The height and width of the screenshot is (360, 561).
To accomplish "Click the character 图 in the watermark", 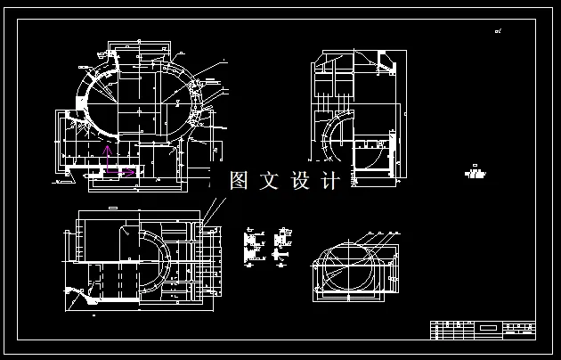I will tap(240, 181).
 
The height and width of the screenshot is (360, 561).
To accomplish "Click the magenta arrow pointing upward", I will tap(107, 158).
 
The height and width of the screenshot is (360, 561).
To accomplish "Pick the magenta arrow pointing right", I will tap(128, 172).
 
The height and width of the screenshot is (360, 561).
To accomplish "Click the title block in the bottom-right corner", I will tap(483, 330).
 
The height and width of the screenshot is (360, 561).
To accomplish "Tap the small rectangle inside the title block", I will tap(487, 329).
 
